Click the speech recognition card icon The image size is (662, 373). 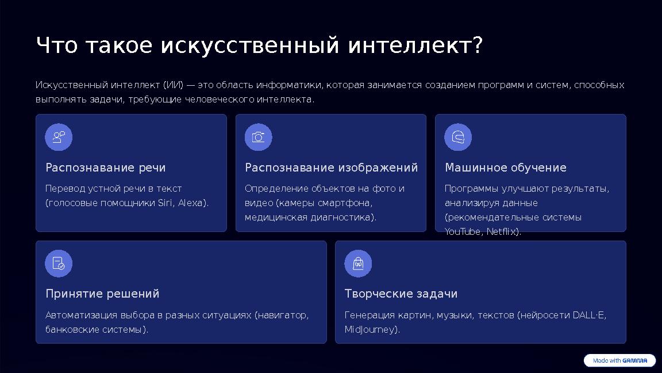(59, 137)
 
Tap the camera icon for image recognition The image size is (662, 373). (258, 137)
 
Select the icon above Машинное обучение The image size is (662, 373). (458, 137)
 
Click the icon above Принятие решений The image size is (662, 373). (59, 264)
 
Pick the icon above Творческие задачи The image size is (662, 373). (358, 264)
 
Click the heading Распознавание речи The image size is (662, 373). (105, 168)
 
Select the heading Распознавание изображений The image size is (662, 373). (331, 168)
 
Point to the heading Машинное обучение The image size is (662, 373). (505, 168)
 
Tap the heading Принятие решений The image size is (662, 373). (102, 294)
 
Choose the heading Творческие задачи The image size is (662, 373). (401, 294)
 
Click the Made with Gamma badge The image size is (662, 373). (619, 361)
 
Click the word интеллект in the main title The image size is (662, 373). (415, 45)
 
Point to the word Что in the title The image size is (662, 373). (56, 45)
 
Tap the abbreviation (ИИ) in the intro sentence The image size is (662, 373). (173, 85)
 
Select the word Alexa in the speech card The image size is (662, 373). (193, 203)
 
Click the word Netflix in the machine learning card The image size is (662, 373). (503, 232)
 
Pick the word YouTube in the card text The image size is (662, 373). (463, 232)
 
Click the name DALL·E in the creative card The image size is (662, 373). (589, 315)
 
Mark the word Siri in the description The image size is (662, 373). (165, 203)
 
